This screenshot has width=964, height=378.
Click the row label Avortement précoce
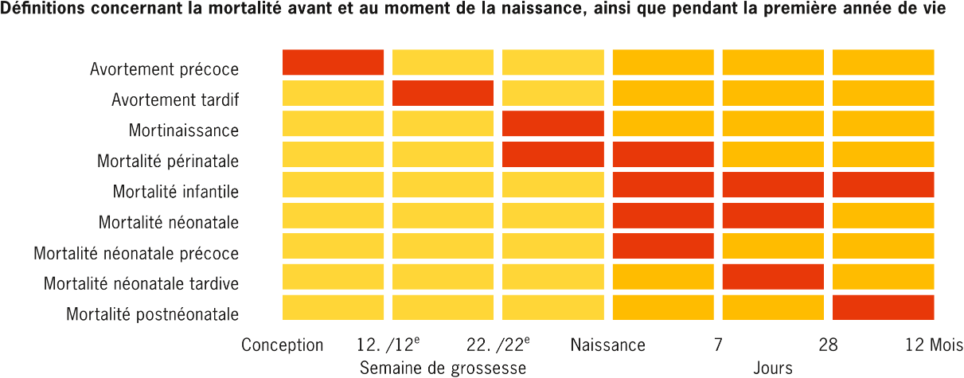[x=164, y=69]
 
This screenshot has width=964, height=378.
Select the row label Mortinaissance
[x=183, y=131]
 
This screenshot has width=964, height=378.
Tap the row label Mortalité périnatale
[x=167, y=162]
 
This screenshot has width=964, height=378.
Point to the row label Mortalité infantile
[x=175, y=192]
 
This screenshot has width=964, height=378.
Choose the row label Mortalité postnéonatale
[x=152, y=314]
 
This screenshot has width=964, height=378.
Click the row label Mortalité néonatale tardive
[x=141, y=284]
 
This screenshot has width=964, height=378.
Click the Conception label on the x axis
[x=283, y=345]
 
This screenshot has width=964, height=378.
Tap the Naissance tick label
[x=607, y=345]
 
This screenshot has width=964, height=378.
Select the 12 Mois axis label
[x=934, y=345]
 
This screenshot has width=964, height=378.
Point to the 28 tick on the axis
[x=828, y=345]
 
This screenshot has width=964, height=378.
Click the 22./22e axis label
[x=498, y=345]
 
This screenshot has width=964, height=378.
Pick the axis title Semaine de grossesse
[x=443, y=368]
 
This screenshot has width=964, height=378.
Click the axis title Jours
[x=772, y=368]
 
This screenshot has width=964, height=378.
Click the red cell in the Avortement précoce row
[x=333, y=62]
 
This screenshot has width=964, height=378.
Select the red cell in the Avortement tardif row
[x=443, y=93]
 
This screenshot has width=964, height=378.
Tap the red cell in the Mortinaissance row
[x=552, y=123]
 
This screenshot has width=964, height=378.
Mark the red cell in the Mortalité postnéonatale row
[x=883, y=307]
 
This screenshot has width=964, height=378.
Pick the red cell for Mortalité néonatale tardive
[x=773, y=277]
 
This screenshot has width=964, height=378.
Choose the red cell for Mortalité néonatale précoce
[x=662, y=246]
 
